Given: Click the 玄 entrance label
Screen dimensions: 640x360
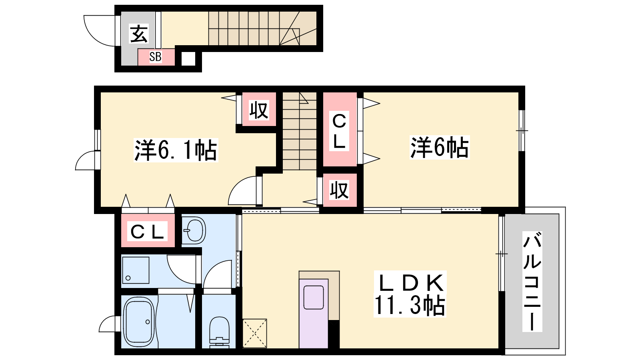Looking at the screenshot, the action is tap(139, 34).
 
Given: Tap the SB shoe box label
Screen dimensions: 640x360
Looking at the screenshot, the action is tap(156, 56).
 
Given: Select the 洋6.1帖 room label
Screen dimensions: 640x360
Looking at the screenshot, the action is tap(176, 150).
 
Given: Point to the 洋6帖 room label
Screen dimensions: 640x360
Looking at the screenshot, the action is tap(440, 148).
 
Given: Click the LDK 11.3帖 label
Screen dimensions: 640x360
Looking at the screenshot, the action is tap(410, 294).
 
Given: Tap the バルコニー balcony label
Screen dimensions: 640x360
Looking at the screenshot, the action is tap(532, 282).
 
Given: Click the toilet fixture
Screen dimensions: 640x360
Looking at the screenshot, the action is tap(220, 332).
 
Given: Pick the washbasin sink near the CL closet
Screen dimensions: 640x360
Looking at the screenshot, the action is tap(194, 230).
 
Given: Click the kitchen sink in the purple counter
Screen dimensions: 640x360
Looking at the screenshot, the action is tap(314, 298).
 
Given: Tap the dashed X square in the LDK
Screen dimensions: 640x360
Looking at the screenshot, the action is tap(254, 334).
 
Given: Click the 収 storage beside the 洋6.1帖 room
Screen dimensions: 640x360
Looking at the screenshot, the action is tap(259, 109).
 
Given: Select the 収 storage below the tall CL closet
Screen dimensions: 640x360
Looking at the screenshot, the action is tap(340, 190).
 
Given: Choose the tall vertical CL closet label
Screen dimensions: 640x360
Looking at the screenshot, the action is tap(339, 131).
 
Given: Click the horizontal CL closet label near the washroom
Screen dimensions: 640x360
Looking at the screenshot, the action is tap(147, 231).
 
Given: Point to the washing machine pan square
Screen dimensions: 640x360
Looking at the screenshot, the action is tap(136, 270).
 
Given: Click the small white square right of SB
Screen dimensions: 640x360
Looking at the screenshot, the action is tap(188, 59).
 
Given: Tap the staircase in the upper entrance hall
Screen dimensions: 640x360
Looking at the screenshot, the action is tap(262, 28).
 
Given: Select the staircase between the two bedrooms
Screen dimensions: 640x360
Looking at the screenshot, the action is tap(300, 131).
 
